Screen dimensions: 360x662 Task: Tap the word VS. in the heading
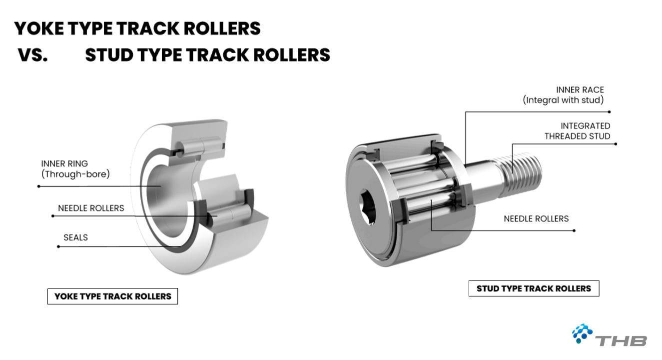pyautogui.click(x=33, y=55)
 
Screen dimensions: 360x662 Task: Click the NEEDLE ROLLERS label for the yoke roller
pyautogui.click(x=91, y=208)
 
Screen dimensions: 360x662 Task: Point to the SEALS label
pyautogui.click(x=75, y=237)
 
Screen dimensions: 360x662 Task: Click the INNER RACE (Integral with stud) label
pyautogui.click(x=564, y=95)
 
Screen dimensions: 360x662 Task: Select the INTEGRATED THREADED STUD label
pyautogui.click(x=578, y=131)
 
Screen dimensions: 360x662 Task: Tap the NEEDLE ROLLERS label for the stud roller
pyautogui.click(x=536, y=218)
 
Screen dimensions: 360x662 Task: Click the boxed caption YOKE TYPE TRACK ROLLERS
pyautogui.click(x=113, y=296)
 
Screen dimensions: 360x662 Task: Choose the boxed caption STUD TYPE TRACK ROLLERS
pyautogui.click(x=534, y=288)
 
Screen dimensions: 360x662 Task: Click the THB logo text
pyautogui.click(x=622, y=340)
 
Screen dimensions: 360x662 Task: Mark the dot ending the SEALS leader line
pyautogui.click(x=58, y=246)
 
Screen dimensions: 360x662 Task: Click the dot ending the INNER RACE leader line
pyautogui.click(x=610, y=112)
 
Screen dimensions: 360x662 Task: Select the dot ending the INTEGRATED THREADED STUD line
pyautogui.click(x=616, y=144)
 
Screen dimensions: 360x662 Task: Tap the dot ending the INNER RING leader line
pyautogui.click(x=38, y=186)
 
